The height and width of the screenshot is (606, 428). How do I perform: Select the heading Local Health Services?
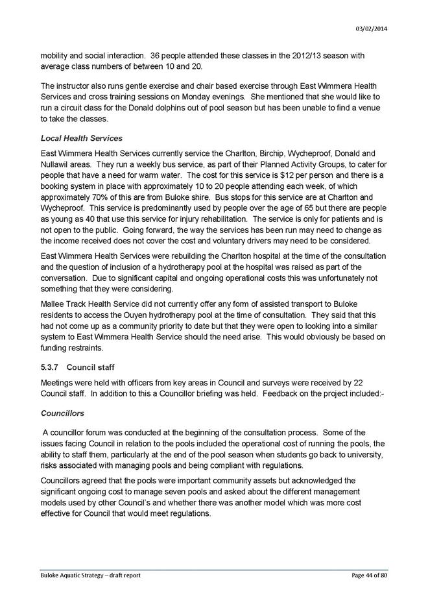click(81, 138)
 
